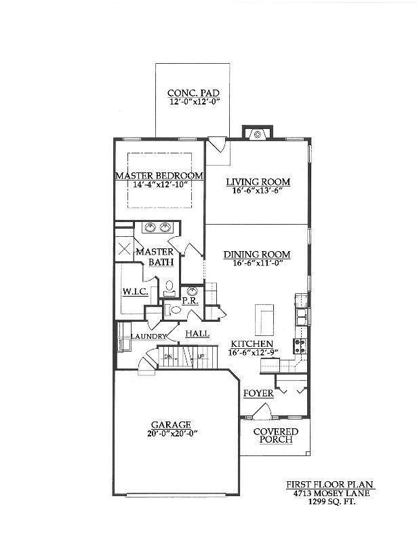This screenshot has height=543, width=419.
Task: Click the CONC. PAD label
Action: [x=193, y=93]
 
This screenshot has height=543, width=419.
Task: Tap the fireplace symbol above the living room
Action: [x=258, y=134]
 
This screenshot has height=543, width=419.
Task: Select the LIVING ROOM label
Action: [x=258, y=182]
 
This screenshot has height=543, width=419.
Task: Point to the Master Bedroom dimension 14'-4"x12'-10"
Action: [x=160, y=184]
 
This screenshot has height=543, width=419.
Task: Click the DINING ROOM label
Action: [x=257, y=255]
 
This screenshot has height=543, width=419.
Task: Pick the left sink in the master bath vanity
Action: [x=150, y=227]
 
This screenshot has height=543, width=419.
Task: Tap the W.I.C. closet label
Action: [x=136, y=292]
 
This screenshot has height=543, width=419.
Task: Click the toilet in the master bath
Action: [x=169, y=288]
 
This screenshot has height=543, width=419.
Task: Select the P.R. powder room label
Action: [x=190, y=301]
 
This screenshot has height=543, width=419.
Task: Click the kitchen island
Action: [x=264, y=320]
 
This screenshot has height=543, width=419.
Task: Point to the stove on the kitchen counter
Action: [x=300, y=345]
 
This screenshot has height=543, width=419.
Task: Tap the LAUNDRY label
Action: [x=148, y=336]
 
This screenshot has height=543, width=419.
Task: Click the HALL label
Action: [x=197, y=334]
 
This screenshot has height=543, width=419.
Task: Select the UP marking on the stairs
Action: [x=201, y=356]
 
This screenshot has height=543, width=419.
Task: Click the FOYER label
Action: [x=258, y=394]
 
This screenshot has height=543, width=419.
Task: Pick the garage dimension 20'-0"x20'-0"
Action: [x=172, y=433]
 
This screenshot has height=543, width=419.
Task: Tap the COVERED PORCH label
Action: [x=276, y=436]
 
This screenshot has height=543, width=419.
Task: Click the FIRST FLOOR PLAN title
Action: [x=330, y=485]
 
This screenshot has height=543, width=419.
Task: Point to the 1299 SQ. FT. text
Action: [x=332, y=501]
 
